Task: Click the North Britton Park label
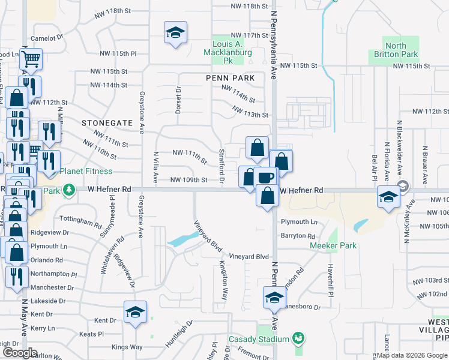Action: pyautogui.click(x=396, y=50)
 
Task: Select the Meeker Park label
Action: pyautogui.click(x=333, y=245)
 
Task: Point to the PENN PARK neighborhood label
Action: pyautogui.click(x=230, y=78)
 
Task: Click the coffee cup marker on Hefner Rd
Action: pyautogui.click(x=266, y=178)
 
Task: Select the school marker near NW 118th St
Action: pyautogui.click(x=175, y=33)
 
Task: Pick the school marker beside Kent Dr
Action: pyautogui.click(x=136, y=313)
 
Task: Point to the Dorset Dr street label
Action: pyautogui.click(x=178, y=100)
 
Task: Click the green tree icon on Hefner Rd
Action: pyautogui.click(x=69, y=190)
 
